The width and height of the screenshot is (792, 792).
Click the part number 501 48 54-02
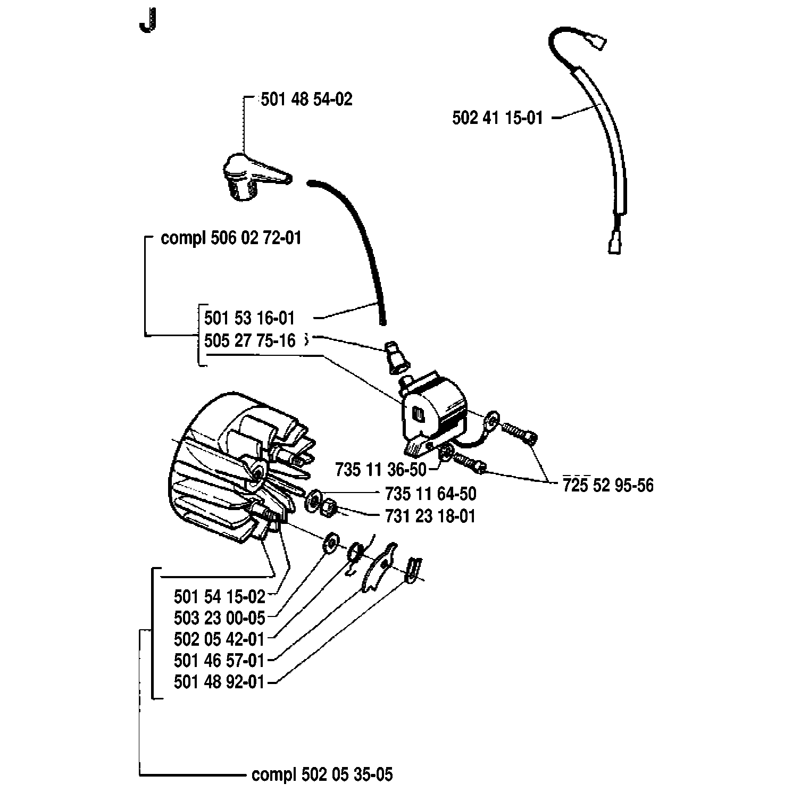[306, 99]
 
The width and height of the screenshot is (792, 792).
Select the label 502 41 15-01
[498, 118]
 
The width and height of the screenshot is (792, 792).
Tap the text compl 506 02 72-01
[231, 238]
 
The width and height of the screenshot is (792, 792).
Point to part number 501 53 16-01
[249, 318]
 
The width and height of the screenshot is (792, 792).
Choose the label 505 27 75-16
[249, 340]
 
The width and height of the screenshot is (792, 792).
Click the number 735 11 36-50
[381, 470]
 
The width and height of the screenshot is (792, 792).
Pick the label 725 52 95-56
[608, 485]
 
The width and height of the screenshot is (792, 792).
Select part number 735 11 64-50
[430, 494]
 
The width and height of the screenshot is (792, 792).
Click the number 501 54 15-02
[219, 597]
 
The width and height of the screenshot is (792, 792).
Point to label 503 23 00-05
[219, 618]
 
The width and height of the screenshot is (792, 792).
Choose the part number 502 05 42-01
[219, 639]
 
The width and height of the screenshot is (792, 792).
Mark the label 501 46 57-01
[219, 661]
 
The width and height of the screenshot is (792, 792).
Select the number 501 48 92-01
[219, 682]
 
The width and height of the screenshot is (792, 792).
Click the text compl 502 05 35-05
[322, 774]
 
